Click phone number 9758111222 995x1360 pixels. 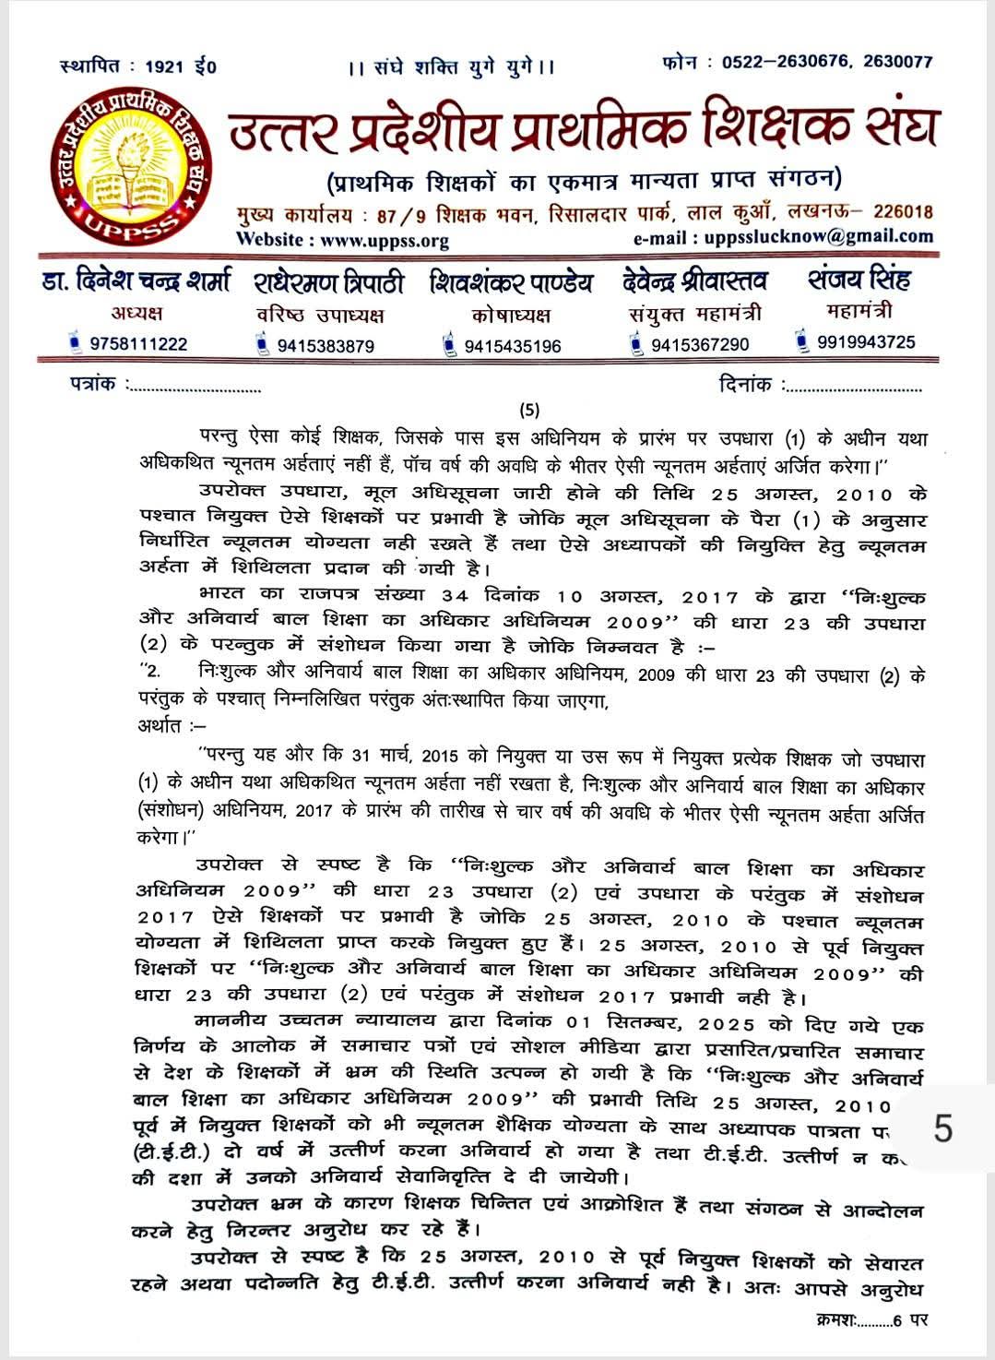click(x=138, y=344)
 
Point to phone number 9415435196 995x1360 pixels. click(x=513, y=347)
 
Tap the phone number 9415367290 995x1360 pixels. click(x=700, y=345)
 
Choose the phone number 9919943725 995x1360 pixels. click(x=866, y=342)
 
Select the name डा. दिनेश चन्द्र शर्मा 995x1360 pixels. click(x=136, y=280)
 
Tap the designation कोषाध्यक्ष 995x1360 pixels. click(x=511, y=316)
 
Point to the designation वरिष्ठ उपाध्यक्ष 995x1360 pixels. click(x=320, y=316)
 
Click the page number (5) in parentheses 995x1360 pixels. click(x=529, y=411)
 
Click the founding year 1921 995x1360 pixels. click(x=165, y=66)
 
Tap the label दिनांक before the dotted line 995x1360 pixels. click(x=745, y=385)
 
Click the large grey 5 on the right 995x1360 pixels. click(x=942, y=1129)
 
